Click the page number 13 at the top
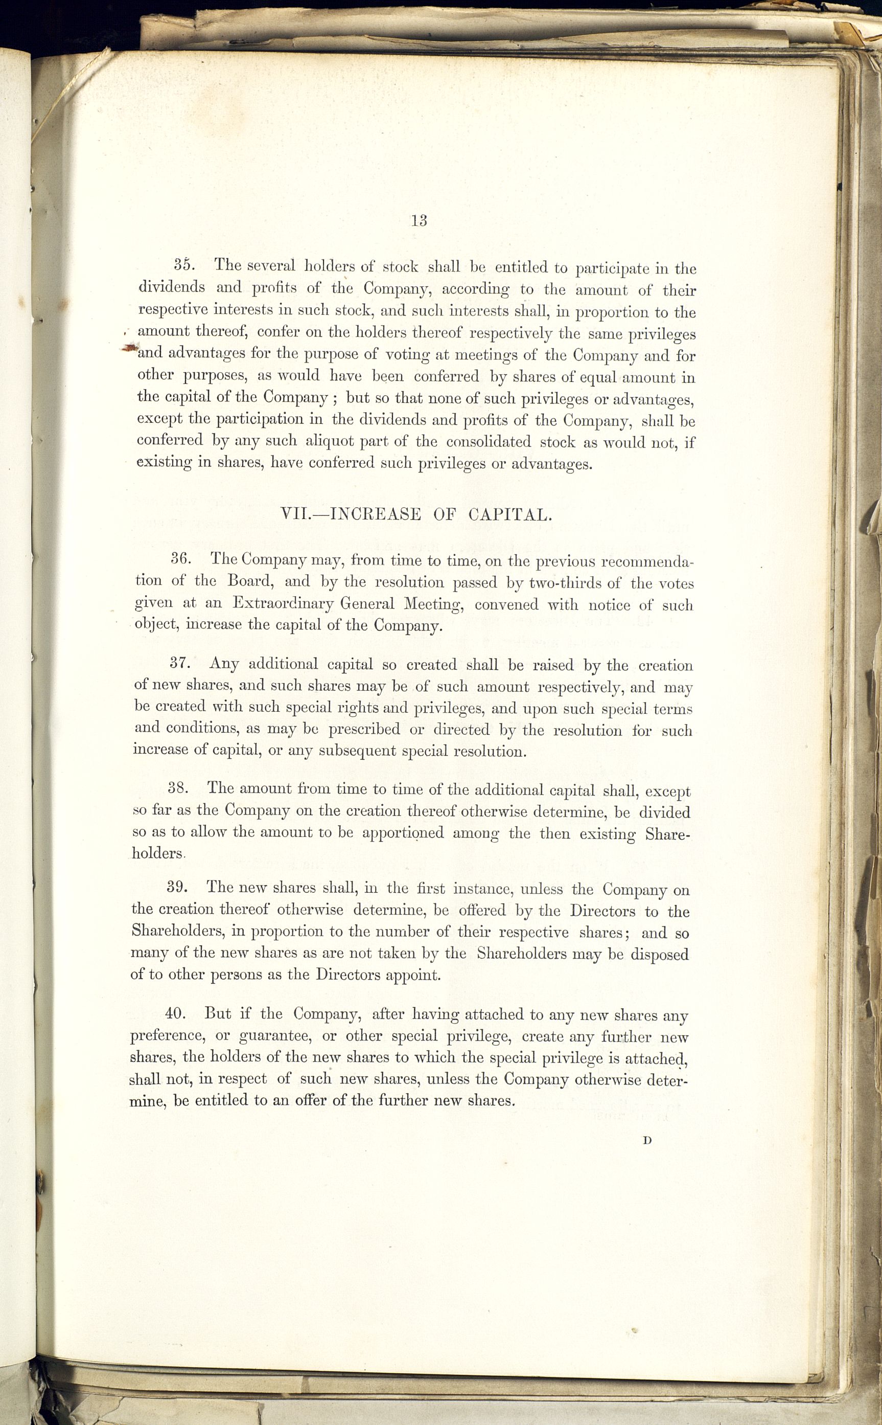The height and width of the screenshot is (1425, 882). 420,220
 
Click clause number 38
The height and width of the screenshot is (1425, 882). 177,787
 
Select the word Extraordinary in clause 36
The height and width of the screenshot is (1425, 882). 283,603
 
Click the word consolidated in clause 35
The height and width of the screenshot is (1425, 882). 489,442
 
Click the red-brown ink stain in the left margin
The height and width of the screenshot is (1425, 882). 131,346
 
